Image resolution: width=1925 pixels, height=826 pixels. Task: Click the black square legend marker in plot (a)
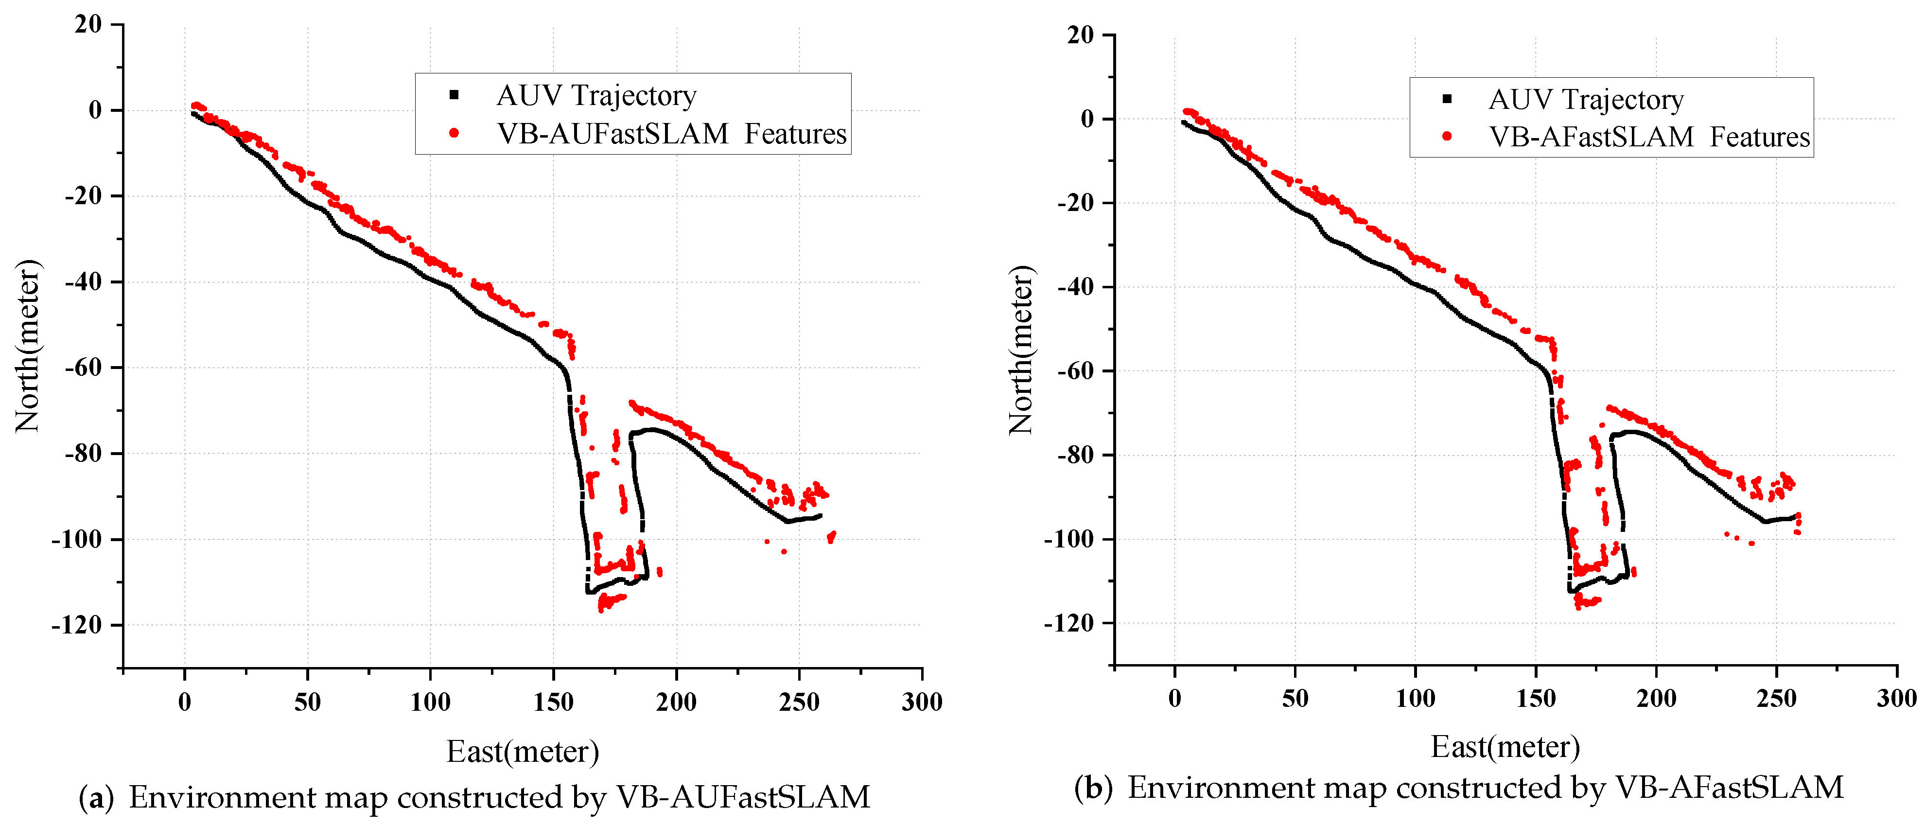(x=454, y=95)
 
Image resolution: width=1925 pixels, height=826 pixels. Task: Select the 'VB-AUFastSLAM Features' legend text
(x=671, y=134)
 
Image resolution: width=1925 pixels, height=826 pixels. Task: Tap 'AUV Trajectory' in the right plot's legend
(x=1585, y=99)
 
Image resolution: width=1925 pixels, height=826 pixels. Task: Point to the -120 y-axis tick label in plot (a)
(x=76, y=625)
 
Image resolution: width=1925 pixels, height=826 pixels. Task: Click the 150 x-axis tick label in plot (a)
(x=553, y=702)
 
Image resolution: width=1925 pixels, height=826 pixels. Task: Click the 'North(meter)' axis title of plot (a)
(x=28, y=345)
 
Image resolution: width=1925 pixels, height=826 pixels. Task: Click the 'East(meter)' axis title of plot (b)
(x=1505, y=747)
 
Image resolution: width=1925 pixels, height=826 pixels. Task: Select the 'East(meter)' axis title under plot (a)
(x=523, y=751)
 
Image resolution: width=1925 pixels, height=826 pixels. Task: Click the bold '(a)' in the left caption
(x=96, y=798)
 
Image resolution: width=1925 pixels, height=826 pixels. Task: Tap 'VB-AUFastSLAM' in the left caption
(x=743, y=798)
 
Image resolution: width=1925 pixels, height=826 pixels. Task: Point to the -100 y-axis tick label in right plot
(x=1068, y=539)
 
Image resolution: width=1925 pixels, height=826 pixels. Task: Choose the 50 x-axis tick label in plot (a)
(x=307, y=702)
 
